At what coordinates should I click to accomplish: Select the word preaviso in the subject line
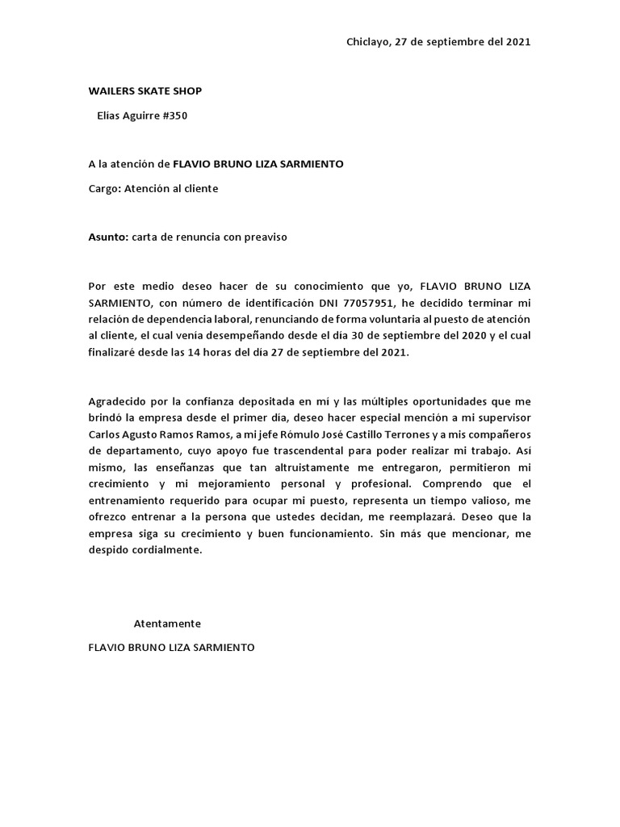[261, 237]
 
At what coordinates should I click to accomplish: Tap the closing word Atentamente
[167, 623]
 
